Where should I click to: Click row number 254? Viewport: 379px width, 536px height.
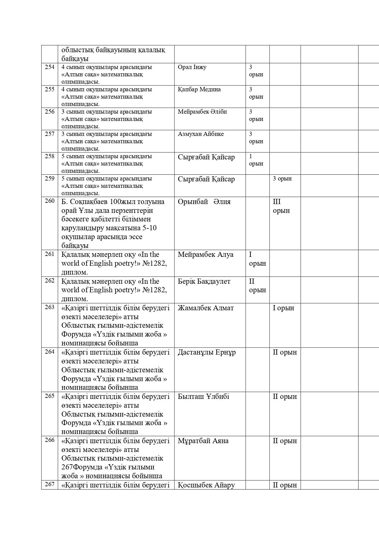click(x=50, y=67)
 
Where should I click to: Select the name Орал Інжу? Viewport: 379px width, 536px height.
click(x=192, y=67)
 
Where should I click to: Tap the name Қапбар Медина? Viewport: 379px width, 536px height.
click(x=199, y=89)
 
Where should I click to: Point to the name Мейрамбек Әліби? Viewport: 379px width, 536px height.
click(x=202, y=112)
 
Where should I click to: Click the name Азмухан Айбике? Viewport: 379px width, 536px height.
click(x=201, y=134)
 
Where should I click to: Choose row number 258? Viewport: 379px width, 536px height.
click(x=50, y=156)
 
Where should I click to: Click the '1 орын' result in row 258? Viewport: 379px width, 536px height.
click(x=256, y=160)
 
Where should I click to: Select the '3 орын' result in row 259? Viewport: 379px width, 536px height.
click(x=282, y=179)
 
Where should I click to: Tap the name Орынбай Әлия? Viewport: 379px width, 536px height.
click(x=204, y=202)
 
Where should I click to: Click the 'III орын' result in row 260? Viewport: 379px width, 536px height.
click(x=281, y=206)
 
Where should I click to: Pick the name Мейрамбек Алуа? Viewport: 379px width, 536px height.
click(x=205, y=255)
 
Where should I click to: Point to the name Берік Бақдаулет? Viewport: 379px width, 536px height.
click(x=204, y=282)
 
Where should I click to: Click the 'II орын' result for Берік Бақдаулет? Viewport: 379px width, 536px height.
click(x=257, y=286)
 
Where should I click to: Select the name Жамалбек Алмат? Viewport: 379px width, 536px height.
click(x=205, y=308)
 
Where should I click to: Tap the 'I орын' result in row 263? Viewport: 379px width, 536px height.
click(x=283, y=308)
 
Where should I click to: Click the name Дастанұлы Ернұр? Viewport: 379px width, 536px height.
click(x=207, y=352)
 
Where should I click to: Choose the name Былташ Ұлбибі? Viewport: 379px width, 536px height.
click(x=203, y=397)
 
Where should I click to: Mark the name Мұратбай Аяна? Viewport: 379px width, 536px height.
click(x=203, y=441)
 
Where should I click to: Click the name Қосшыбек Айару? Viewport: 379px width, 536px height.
click(x=206, y=485)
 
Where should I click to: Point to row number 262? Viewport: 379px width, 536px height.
click(x=50, y=281)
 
